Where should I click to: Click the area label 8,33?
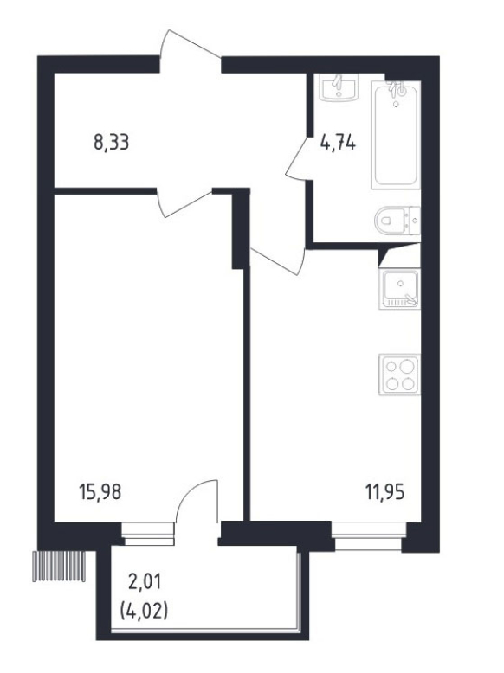(112, 142)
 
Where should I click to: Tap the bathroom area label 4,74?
(338, 142)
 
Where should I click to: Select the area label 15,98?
(100, 492)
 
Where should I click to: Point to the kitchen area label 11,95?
(385, 492)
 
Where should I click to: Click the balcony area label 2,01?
(145, 582)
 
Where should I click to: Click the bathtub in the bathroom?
(395, 135)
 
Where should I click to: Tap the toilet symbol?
(397, 221)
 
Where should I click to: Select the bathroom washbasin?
(339, 87)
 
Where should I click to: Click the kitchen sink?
(399, 289)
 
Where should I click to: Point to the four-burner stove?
(399, 375)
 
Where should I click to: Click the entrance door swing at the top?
(191, 46)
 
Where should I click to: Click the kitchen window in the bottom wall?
(369, 535)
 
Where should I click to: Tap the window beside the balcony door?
(148, 534)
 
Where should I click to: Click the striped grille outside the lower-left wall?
(59, 566)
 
